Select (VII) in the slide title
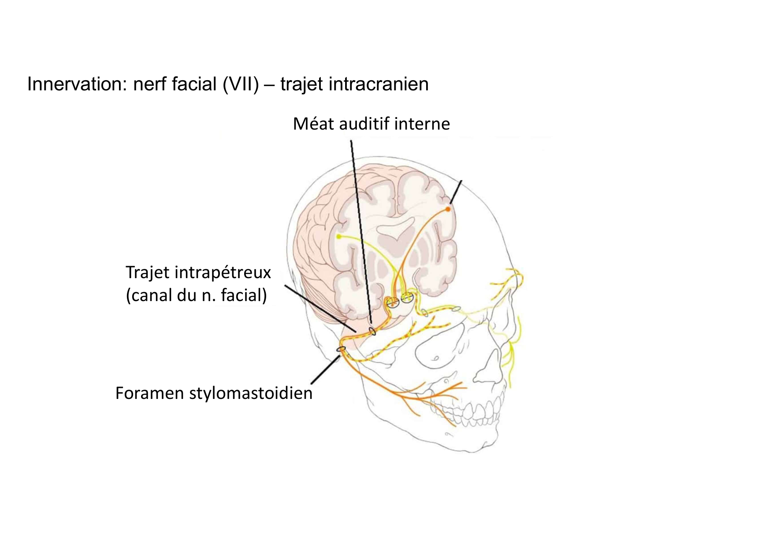click(x=241, y=84)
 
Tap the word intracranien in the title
click(x=378, y=84)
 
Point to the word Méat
click(x=315, y=124)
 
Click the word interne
click(x=422, y=124)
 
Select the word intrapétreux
click(x=223, y=272)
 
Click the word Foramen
click(x=150, y=393)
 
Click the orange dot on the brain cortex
click(x=448, y=209)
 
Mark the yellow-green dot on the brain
click(x=338, y=237)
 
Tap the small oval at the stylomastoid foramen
click(x=341, y=349)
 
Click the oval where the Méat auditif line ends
click(x=373, y=331)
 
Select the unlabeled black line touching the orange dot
click(x=456, y=192)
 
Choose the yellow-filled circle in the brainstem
click(x=407, y=298)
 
